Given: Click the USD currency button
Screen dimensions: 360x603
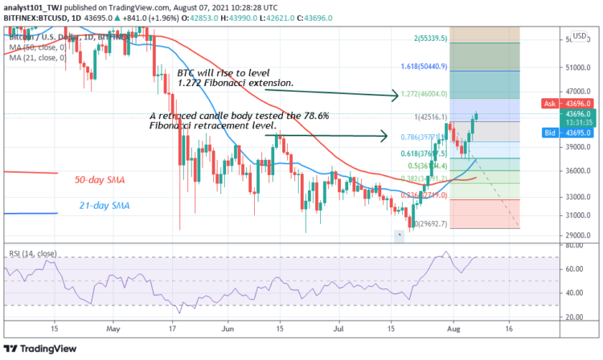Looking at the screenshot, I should [x=578, y=37].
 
